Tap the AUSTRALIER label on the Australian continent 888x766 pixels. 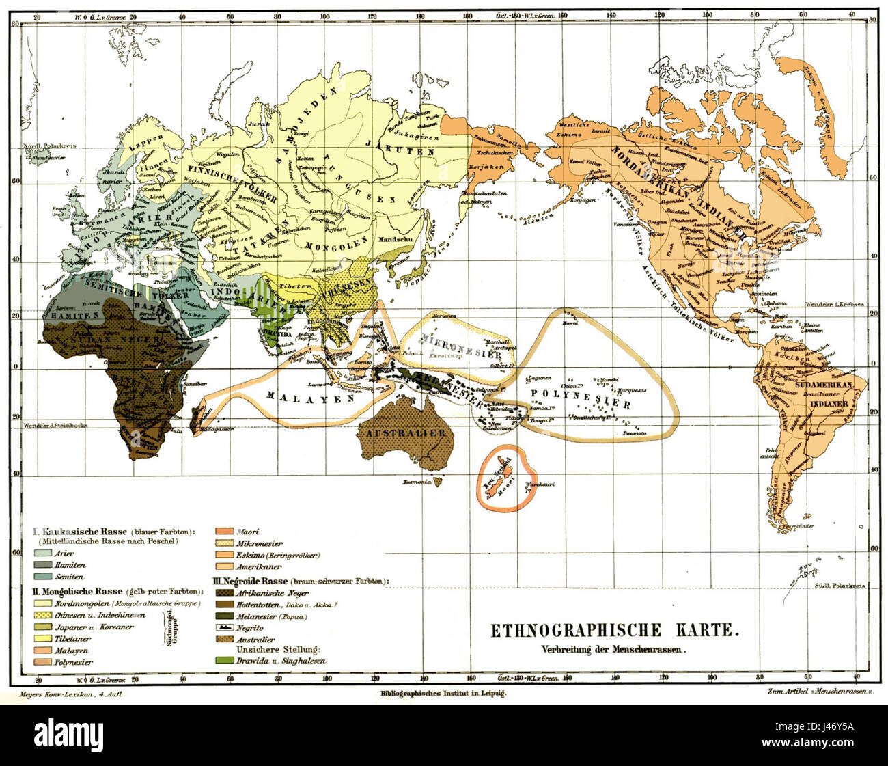click(405, 433)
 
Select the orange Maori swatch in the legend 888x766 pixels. click(220, 531)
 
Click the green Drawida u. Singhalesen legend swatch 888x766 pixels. click(220, 661)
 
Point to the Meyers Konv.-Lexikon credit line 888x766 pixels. click(72, 693)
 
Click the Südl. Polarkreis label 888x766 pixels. click(842, 586)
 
